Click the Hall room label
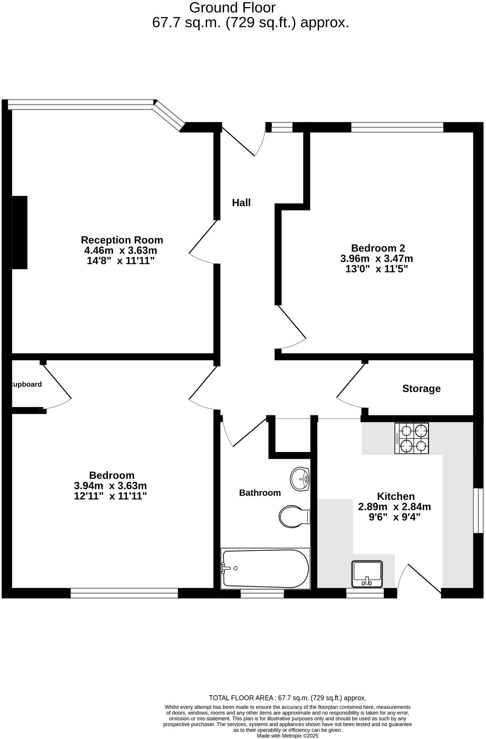241,203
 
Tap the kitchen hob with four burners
412,438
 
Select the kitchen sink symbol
367,574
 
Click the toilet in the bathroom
293,517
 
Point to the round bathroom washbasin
300,479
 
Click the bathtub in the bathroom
265,568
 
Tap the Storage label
421,389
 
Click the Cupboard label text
26,385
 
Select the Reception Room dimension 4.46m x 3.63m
120,250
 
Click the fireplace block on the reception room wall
20,232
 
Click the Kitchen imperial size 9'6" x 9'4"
395,517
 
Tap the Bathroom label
260,493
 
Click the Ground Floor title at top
232,7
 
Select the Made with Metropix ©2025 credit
287,736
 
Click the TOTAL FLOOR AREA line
287,698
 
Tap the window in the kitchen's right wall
479,511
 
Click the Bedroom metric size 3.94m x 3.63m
110,486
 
